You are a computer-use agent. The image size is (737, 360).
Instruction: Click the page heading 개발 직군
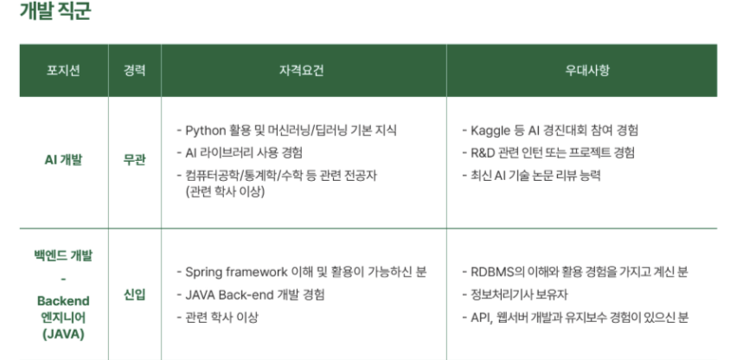pos(54,10)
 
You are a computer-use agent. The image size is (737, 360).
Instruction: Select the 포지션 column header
pos(63,70)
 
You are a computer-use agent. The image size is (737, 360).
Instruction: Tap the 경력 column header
pos(134,70)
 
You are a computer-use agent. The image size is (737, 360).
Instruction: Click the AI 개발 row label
pos(63,160)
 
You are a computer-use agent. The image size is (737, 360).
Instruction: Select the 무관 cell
pos(134,160)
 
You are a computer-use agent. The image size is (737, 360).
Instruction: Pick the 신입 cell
pos(134,295)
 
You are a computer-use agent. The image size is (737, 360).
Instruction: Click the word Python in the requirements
pos(205,131)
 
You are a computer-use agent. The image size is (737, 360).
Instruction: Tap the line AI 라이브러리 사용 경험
pos(240,153)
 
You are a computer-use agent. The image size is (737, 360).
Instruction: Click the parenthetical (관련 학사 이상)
pos(225,192)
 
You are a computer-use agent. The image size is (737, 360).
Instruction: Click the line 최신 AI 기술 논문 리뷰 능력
pos(532,176)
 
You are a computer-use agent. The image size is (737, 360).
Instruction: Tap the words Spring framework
pos(236,272)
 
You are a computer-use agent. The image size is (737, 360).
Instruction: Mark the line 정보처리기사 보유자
pos(516,295)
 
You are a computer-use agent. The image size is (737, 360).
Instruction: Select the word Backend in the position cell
pos(63,301)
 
